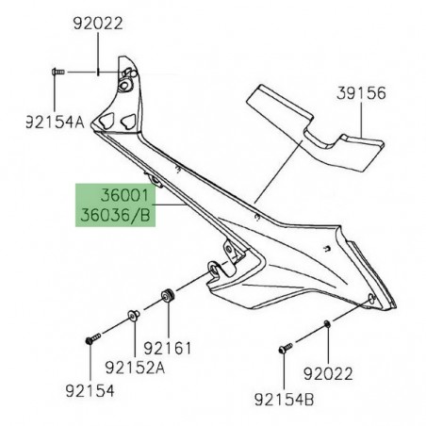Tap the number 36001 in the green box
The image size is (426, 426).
(124, 199)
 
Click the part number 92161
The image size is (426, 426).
(172, 349)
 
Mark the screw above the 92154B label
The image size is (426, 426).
(283, 351)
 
